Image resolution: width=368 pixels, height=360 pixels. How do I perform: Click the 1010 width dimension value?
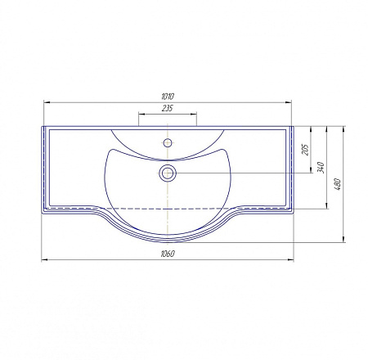click(x=168, y=97)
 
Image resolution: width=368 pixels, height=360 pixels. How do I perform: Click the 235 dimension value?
click(x=168, y=108)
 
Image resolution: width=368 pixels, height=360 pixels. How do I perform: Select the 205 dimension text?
click(x=306, y=150)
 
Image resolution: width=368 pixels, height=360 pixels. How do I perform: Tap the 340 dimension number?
click(x=321, y=167)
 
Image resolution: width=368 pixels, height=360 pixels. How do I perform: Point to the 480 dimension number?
click(x=337, y=184)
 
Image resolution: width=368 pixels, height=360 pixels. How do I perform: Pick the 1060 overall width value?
click(x=168, y=254)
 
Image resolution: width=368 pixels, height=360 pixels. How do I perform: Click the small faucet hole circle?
click(x=168, y=142)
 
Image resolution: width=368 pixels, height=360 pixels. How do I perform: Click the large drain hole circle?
click(x=168, y=173)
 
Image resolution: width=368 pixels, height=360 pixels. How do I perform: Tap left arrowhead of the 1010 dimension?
click(x=47, y=102)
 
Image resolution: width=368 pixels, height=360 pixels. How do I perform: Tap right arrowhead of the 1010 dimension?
click(x=288, y=102)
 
